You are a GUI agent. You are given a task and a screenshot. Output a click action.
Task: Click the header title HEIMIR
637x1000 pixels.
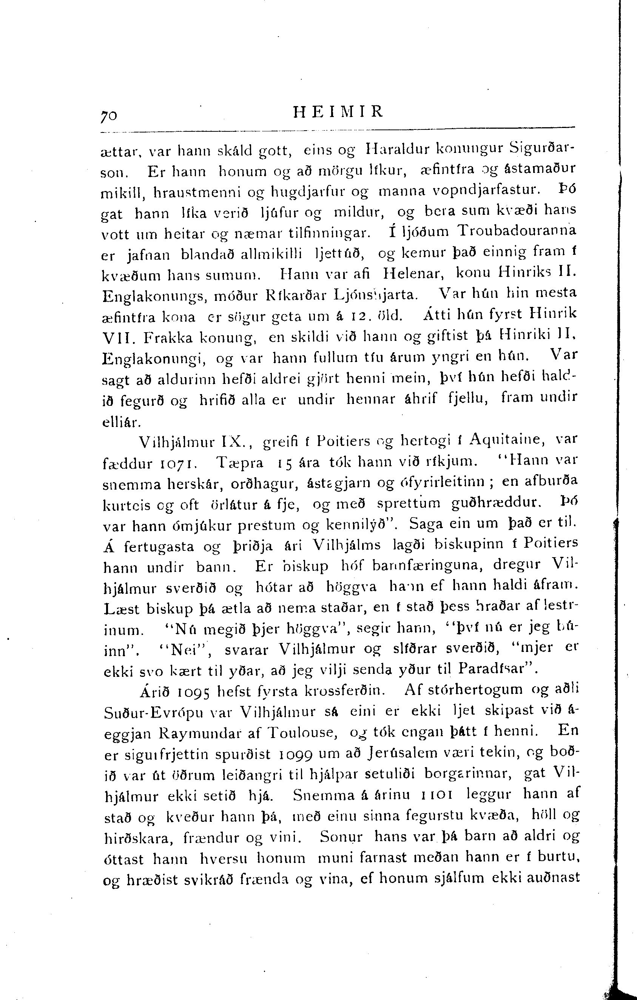pos(338,112)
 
